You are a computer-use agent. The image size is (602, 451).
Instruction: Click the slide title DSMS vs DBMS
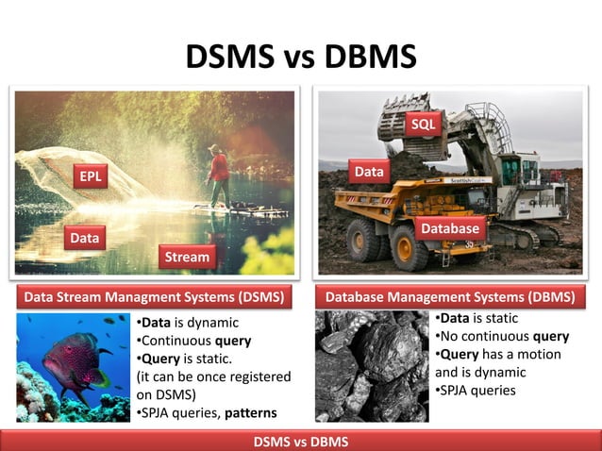tap(301, 58)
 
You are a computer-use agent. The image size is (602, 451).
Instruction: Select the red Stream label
tap(186, 256)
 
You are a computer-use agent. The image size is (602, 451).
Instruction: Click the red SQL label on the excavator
tap(423, 125)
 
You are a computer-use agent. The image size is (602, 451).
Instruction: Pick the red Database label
tap(450, 228)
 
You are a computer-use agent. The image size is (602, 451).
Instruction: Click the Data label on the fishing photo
tap(85, 239)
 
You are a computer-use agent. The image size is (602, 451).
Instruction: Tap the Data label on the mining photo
tap(368, 172)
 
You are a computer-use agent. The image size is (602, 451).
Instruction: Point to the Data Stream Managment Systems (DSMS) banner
tap(154, 297)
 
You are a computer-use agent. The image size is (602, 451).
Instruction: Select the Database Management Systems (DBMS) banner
tap(450, 297)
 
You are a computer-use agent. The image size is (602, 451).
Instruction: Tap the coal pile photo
tap(372, 366)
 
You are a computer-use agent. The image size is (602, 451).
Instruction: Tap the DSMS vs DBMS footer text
tap(301, 442)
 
